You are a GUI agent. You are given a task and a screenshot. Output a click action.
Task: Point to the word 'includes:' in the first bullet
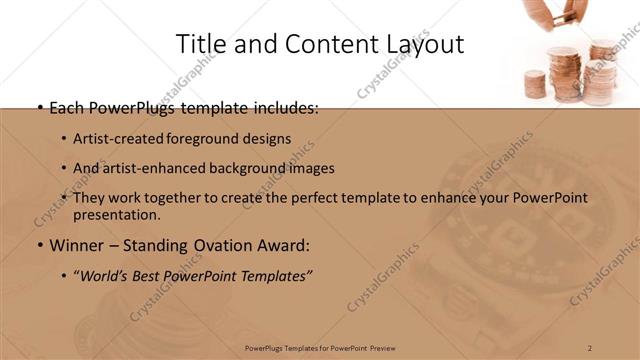tap(285, 107)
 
